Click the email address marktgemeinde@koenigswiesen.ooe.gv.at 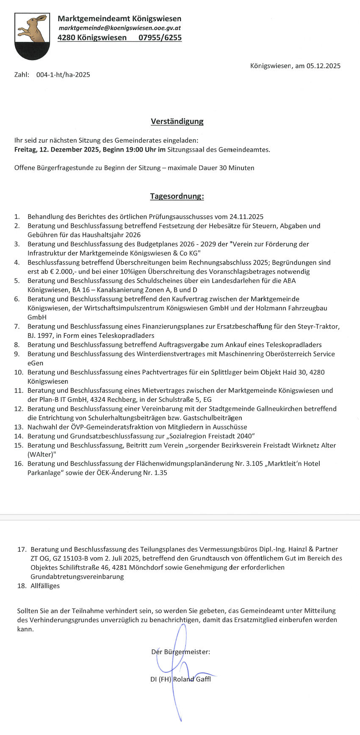click(120, 28)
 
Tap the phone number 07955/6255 click(160, 37)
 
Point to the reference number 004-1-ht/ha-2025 click(63, 75)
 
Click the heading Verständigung click(177, 122)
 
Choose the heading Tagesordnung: click(177, 196)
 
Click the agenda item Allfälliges click(45, 586)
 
